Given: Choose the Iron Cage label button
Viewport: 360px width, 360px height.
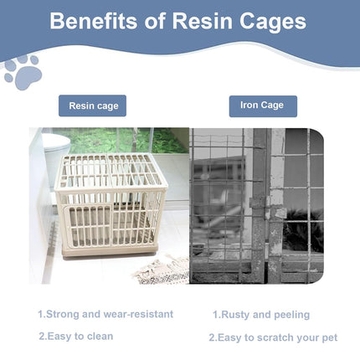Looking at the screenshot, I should [263, 105].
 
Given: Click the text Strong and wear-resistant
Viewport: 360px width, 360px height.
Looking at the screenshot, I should [105, 314].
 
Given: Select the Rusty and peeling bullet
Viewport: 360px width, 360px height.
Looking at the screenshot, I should [260, 315].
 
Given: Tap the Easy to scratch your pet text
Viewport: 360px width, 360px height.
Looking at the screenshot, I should [273, 337].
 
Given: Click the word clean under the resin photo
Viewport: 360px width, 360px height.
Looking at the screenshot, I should [97, 336].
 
